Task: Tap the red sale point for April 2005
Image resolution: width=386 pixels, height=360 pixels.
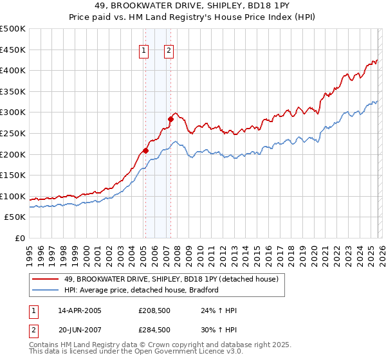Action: [x=145, y=150]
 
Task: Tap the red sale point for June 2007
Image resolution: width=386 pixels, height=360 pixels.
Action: [x=170, y=118]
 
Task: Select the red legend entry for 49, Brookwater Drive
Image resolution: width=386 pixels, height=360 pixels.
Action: [x=170, y=279]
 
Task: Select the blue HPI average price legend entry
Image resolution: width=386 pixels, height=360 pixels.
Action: [x=142, y=290]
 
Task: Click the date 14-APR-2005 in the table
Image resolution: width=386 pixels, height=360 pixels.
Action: [x=80, y=310]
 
